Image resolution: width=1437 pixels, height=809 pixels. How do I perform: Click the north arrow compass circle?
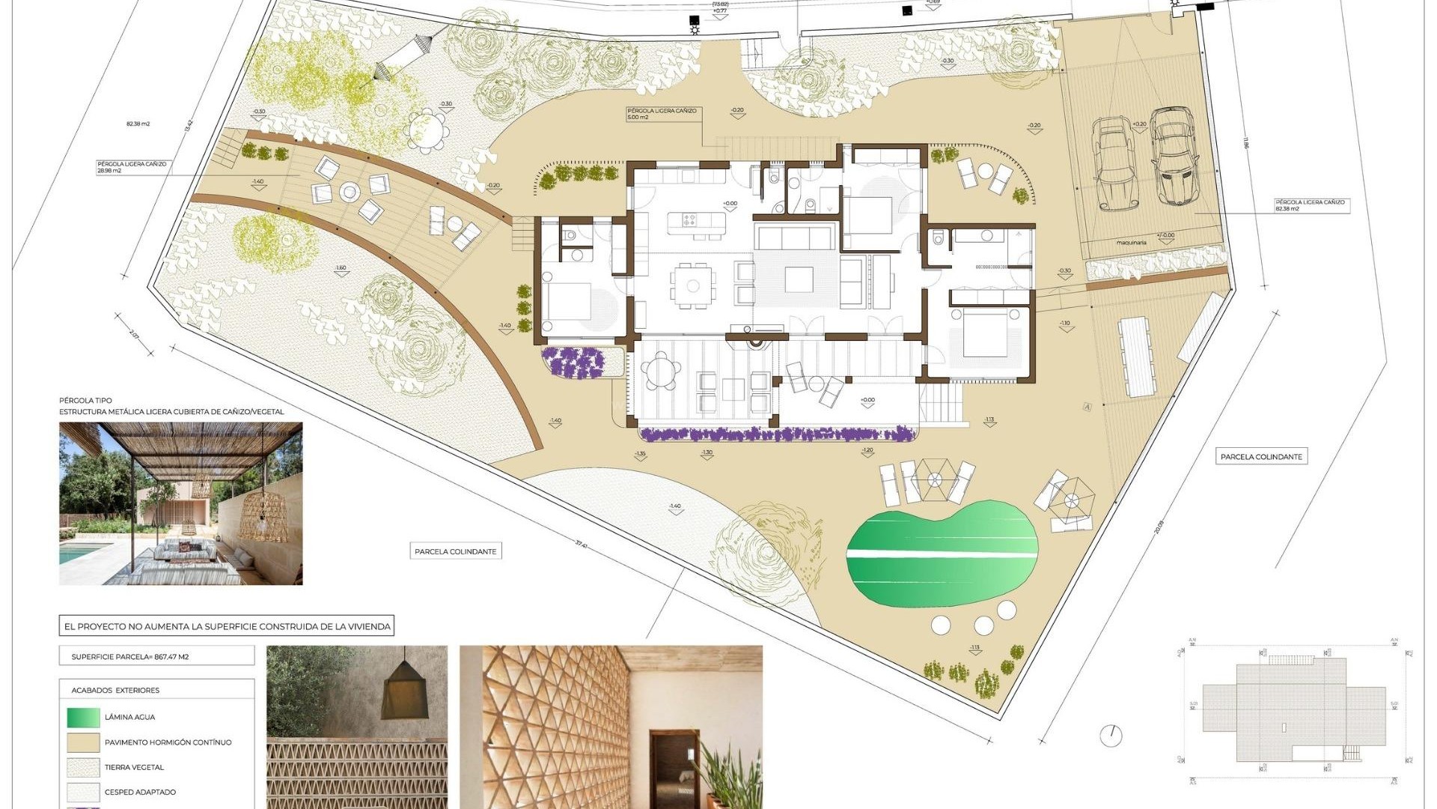pos(1111,735)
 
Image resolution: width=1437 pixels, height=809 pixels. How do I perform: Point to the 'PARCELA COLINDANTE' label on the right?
pos(1261,457)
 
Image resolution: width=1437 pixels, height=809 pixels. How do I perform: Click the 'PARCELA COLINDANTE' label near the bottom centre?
pos(455,552)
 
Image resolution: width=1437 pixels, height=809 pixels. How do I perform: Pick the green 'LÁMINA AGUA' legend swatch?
pos(82,718)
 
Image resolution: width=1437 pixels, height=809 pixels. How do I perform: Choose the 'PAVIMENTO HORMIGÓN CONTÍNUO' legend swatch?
pos(82,742)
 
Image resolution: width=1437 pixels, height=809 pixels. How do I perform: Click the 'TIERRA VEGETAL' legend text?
pos(134,768)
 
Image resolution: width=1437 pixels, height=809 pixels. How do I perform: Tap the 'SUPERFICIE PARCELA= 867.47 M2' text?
pos(130,657)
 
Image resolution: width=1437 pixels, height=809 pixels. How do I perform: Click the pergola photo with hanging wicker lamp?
pos(181,503)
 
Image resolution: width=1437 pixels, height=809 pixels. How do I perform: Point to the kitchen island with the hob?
pos(693,220)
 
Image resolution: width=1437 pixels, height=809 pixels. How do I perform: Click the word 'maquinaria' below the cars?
pos(1131,243)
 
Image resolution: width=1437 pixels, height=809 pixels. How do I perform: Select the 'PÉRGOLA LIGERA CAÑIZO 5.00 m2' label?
pos(662,114)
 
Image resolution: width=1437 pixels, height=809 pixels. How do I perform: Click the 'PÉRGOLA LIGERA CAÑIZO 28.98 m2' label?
pos(132,167)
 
